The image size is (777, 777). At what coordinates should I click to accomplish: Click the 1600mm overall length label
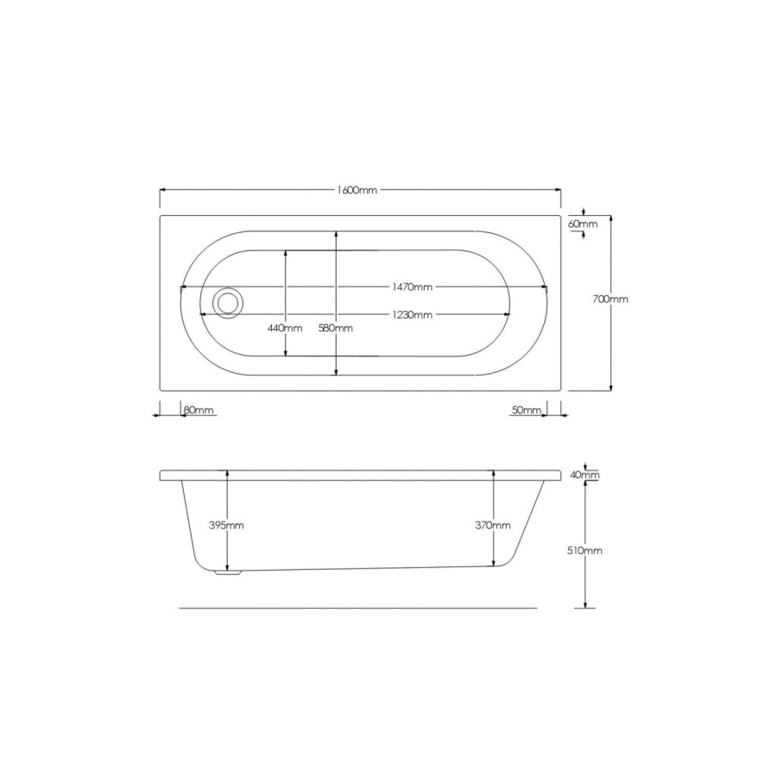coord(357,190)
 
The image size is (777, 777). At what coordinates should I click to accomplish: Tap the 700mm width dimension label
coord(610,300)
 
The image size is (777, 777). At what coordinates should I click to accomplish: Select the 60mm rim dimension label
coord(583,224)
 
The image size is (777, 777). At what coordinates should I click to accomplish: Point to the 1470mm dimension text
coord(410,287)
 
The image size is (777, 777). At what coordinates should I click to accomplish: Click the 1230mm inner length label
coord(410,315)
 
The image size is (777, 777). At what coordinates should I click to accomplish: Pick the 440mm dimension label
coord(285,328)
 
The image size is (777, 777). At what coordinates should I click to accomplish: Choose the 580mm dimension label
coord(336,328)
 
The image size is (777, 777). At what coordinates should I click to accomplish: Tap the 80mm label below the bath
coord(199,409)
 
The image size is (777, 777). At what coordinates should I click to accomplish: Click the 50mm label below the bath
coord(526,409)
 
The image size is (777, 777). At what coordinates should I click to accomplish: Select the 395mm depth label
coord(227,525)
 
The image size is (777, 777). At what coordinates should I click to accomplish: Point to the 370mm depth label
coord(493,525)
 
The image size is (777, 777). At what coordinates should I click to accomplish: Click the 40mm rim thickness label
coord(585,475)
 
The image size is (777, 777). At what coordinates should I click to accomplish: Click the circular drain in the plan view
coord(229,303)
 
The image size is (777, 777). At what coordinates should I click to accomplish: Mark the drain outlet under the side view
coord(229,571)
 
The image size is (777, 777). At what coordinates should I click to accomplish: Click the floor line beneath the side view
coord(357,608)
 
